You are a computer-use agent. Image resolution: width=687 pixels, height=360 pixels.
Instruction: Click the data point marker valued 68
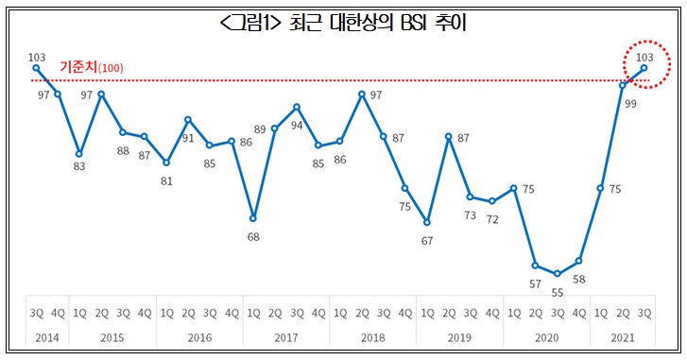point(252,218)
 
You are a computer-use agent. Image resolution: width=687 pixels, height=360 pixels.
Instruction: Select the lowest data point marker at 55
point(557,274)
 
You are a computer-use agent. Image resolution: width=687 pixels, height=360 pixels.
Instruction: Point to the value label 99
point(629,103)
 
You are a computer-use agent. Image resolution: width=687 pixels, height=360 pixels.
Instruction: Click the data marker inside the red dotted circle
point(644,67)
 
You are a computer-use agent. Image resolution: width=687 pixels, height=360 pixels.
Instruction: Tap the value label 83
point(79,166)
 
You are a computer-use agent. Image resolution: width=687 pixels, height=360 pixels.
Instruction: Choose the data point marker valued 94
point(296,107)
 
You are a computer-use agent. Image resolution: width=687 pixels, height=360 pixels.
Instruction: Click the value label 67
point(426,240)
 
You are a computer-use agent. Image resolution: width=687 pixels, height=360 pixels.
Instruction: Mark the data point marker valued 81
point(166,163)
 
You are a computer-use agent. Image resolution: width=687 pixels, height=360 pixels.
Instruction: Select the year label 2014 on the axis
point(46,336)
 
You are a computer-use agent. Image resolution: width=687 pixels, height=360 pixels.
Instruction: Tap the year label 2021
point(622,336)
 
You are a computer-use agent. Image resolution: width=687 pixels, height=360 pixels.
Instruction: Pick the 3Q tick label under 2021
point(644,311)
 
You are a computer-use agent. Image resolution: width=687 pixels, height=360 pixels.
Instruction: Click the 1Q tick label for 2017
point(253,311)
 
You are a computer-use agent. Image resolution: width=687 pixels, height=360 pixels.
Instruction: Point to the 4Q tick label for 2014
point(58,311)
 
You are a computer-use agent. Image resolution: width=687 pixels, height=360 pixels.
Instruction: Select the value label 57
point(535,283)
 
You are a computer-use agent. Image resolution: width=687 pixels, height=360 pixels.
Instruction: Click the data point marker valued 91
point(188,120)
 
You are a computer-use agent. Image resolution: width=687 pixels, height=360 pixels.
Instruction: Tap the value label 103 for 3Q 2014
point(37,57)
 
